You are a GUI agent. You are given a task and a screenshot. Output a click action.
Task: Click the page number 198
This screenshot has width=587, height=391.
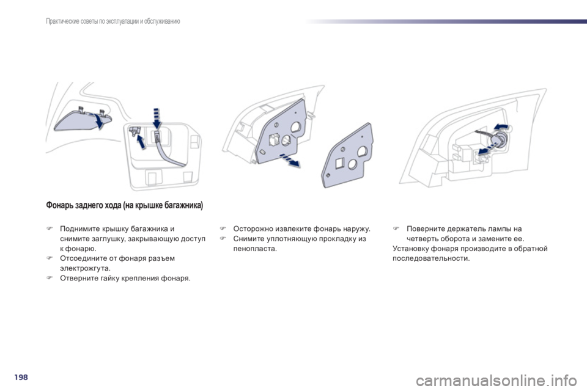21,377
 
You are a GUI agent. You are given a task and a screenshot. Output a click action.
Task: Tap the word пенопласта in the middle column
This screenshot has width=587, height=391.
254,249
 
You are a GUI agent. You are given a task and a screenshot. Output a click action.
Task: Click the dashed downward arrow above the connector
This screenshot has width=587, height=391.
157,119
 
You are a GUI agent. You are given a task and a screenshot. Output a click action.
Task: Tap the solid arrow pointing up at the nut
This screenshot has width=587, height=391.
141,142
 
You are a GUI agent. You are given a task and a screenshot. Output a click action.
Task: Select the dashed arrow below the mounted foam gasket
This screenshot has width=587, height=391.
290,160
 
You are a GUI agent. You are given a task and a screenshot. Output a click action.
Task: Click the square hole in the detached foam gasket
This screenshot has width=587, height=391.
339,164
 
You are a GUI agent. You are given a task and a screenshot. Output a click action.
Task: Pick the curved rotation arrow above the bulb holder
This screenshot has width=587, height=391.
501,126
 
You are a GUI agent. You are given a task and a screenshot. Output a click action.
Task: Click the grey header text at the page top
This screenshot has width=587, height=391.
113,21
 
